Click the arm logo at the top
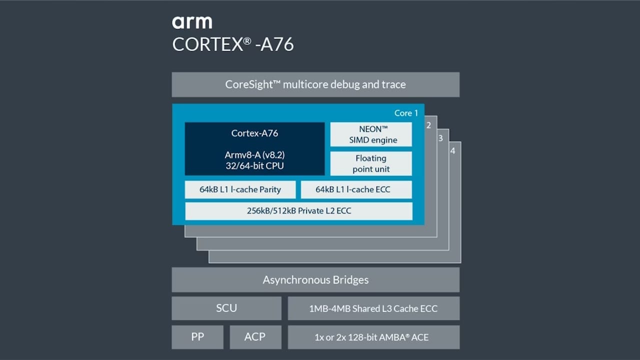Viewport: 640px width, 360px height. coord(192,22)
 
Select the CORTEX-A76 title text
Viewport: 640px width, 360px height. coord(232,44)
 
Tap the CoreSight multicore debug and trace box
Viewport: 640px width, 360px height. coord(315,84)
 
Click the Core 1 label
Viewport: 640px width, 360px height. coord(405,113)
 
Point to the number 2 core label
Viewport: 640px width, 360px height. coord(428,125)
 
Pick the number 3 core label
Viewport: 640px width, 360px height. coord(440,138)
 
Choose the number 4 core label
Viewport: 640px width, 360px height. coord(452,150)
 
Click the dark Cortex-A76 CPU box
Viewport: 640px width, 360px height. coord(254,149)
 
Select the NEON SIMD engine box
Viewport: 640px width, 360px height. coord(371,134)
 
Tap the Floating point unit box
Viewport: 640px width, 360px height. coord(371,163)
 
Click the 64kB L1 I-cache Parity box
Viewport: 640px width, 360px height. coord(240,189)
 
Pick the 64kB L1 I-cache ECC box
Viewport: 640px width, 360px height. coord(356,189)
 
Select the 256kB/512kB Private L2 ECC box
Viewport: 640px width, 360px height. coord(298,211)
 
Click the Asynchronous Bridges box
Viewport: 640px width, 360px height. coord(315,280)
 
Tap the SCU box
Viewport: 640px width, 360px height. coord(226,308)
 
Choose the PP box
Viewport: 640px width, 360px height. coord(197,337)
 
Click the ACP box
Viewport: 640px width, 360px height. coord(255,337)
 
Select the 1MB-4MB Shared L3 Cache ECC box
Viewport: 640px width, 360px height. coord(373,308)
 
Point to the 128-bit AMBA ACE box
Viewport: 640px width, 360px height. coord(373,337)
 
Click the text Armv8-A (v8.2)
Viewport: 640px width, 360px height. coord(254,155)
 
